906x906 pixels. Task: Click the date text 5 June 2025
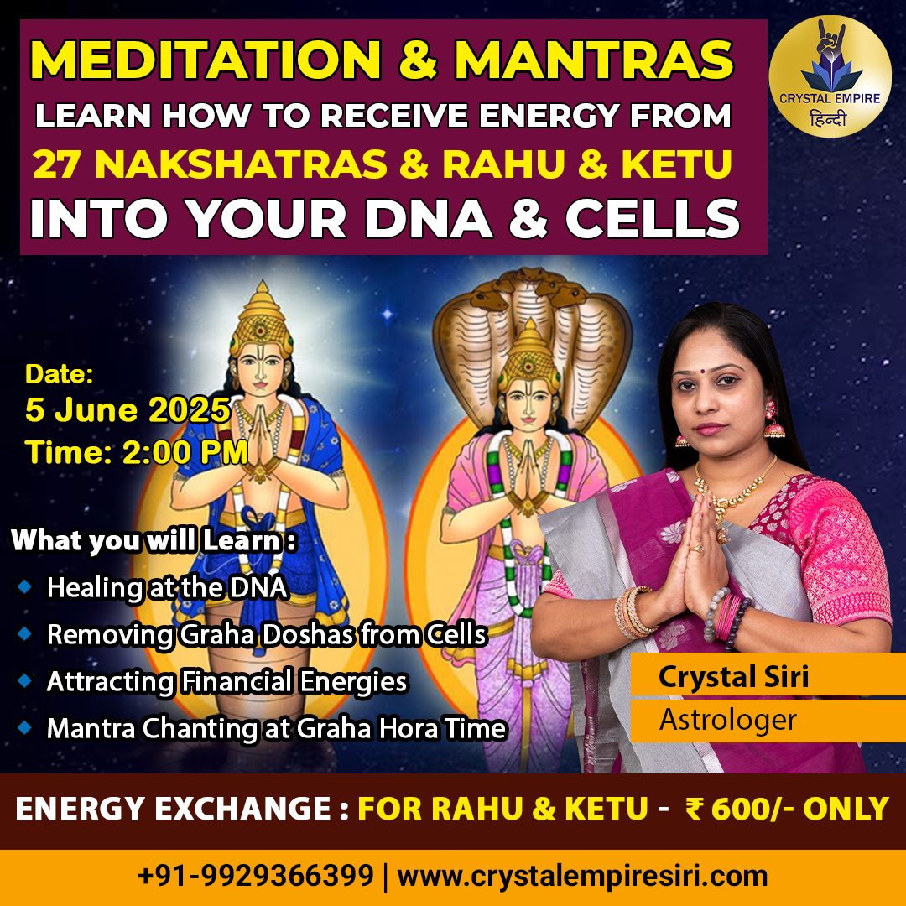click(x=128, y=410)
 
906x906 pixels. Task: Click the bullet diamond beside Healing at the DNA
click(x=25, y=586)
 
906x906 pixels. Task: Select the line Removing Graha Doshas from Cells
click(x=267, y=634)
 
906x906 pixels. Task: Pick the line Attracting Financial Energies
click(x=226, y=681)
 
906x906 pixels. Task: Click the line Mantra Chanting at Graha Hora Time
click(x=276, y=728)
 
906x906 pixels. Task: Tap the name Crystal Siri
click(x=734, y=677)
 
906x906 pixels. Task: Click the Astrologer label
click(x=728, y=720)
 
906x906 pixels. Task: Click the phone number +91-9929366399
click(x=256, y=876)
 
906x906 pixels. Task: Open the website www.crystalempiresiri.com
click(x=582, y=876)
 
